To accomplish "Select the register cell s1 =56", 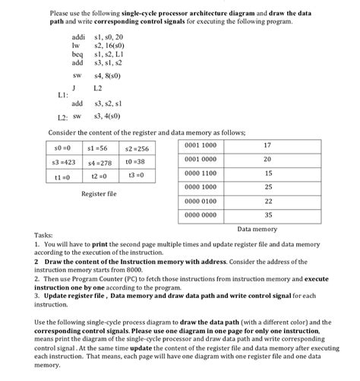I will click(x=99, y=147).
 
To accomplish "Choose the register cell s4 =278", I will click(x=99, y=162).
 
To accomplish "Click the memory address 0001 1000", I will click(x=201, y=144).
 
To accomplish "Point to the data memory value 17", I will click(x=267, y=144).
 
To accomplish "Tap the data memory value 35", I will click(x=267, y=215).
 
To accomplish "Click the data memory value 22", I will click(x=267, y=201).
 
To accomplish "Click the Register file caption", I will click(x=99, y=194).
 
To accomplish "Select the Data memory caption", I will click(x=257, y=228).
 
